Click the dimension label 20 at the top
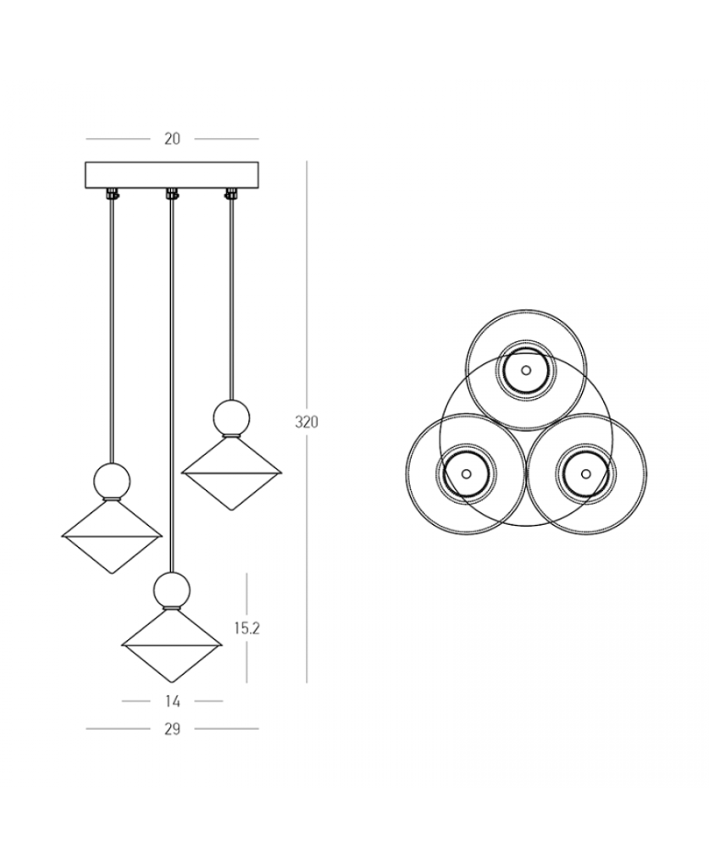pos(172,138)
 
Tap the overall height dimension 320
pos(307,422)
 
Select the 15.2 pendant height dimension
pos(246,628)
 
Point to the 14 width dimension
pos(172,701)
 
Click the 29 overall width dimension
pos(172,729)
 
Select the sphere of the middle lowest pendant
pos(173,589)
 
